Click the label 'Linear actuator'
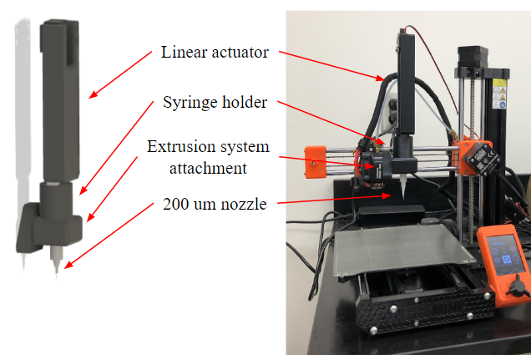tap(215, 53)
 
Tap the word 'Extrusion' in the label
tap(178, 147)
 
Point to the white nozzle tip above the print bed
tap(403, 191)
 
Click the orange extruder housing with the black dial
tap(480, 155)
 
